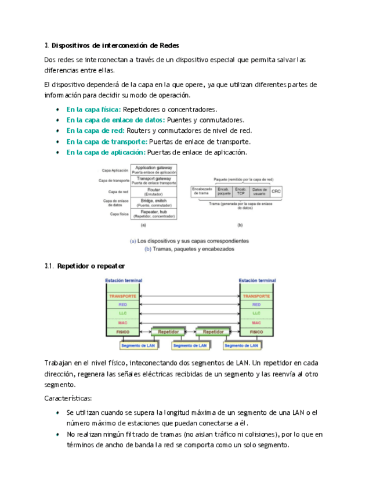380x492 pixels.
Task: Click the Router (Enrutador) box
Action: pyautogui.click(x=154, y=191)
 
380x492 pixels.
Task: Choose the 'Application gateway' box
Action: pyautogui.click(x=154, y=169)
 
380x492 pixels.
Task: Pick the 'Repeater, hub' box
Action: pyautogui.click(x=154, y=214)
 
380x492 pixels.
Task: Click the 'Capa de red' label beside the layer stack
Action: pyautogui.click(x=118, y=191)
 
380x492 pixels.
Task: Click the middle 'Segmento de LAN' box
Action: pyautogui.click(x=190, y=346)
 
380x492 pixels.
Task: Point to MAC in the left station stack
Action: pyautogui.click(x=122, y=323)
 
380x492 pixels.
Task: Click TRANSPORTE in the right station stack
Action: pyautogui.click(x=256, y=296)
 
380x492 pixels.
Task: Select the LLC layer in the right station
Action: pyautogui.click(x=256, y=314)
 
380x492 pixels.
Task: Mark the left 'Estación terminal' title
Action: pyautogui.click(x=123, y=280)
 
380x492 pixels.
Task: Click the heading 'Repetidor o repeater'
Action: pyautogui.click(x=91, y=266)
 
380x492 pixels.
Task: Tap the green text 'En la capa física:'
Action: pyautogui.click(x=93, y=109)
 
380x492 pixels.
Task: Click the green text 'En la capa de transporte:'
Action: pyautogui.click(x=107, y=142)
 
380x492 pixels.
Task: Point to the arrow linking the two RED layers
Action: pyautogui.click(x=190, y=305)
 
